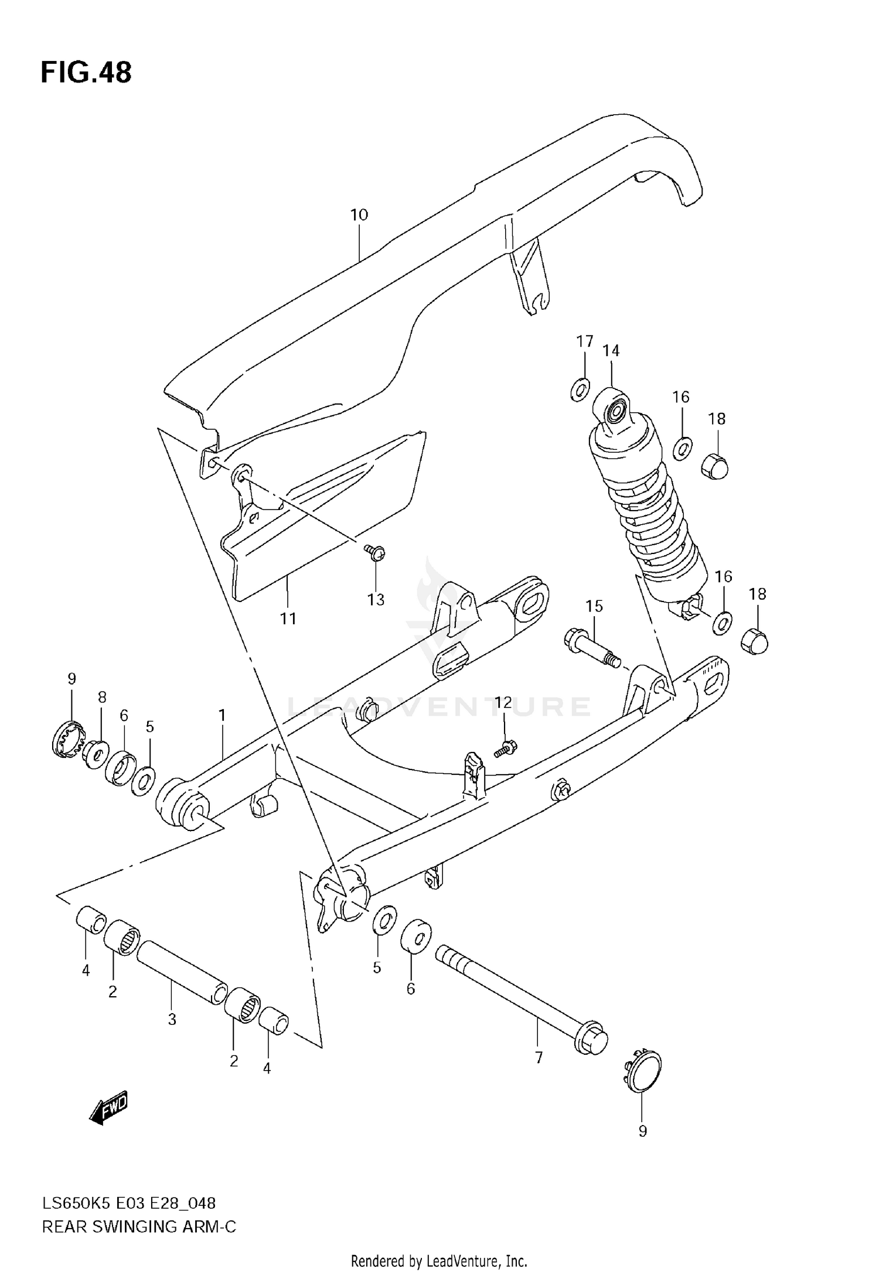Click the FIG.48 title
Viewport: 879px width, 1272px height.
pos(86,73)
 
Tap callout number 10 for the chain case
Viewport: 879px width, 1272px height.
pos(359,215)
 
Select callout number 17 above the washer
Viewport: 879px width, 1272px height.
pos(584,341)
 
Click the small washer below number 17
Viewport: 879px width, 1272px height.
pos(580,389)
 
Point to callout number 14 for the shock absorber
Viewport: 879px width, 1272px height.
pos(611,350)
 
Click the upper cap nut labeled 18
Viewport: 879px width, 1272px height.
pos(715,466)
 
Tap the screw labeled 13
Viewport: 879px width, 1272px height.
pos(374,552)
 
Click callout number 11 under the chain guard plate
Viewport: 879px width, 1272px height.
pos(288,618)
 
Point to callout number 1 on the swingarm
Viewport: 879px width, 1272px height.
pos(222,715)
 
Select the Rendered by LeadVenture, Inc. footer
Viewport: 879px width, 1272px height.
pos(439,1260)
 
